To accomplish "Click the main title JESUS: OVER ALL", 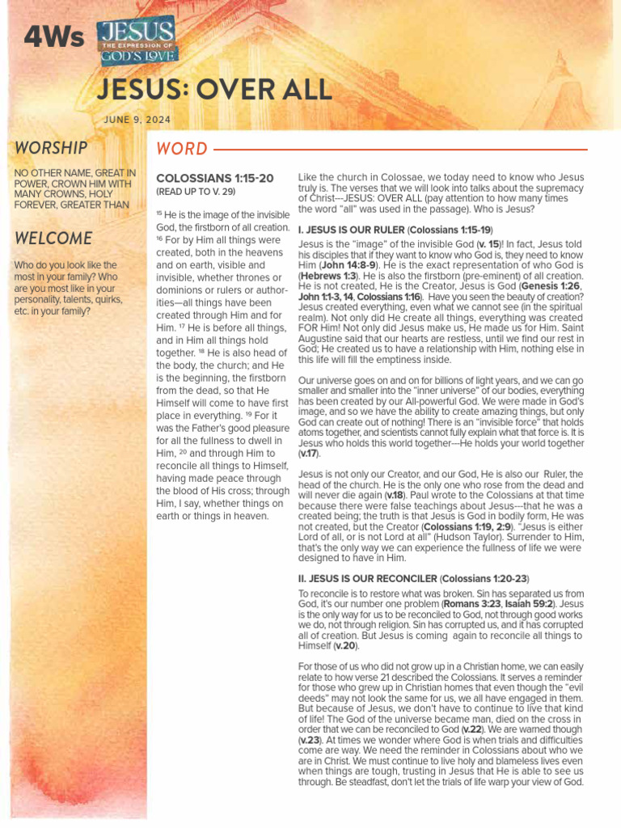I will (x=213, y=90).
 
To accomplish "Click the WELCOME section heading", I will (x=53, y=239).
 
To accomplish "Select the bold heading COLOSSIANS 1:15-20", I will (x=214, y=178).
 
